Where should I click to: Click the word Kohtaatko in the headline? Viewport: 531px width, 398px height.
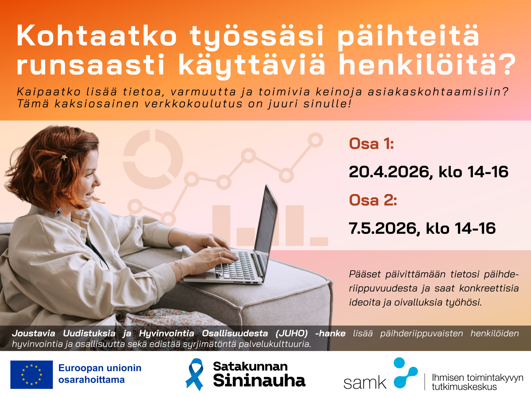pyautogui.click(x=97, y=35)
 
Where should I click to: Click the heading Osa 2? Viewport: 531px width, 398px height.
pyautogui.click(x=373, y=200)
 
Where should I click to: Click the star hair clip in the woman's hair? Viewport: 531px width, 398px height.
pyautogui.click(x=64, y=157)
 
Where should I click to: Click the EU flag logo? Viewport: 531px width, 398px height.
pyautogui.click(x=32, y=374)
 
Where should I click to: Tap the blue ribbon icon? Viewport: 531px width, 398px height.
pyautogui.click(x=194, y=374)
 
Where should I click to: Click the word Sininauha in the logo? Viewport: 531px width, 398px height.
pyautogui.click(x=259, y=380)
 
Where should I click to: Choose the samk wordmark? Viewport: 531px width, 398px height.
pyautogui.click(x=365, y=383)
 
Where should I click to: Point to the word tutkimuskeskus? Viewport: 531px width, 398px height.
pyautogui.click(x=464, y=387)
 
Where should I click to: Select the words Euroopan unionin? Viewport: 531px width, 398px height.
pyautogui.click(x=100, y=368)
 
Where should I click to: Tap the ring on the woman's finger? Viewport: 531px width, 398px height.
pyautogui.click(x=219, y=254)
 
